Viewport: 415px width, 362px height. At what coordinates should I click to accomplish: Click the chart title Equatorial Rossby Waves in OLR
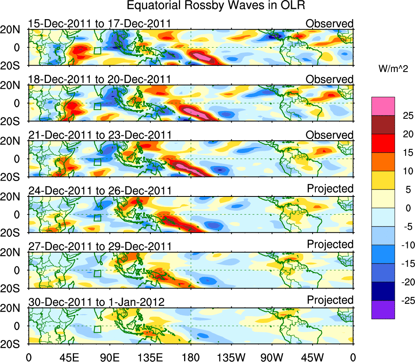click(x=216, y=6)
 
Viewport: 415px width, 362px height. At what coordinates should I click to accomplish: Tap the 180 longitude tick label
click(x=191, y=358)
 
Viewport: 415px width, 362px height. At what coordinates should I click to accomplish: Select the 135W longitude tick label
click(x=231, y=358)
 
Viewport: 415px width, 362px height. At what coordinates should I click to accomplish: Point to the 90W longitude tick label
click(x=272, y=358)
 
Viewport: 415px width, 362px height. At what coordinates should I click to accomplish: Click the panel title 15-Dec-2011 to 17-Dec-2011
click(x=99, y=24)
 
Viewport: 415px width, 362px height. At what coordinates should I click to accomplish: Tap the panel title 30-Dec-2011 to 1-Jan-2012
click(x=96, y=302)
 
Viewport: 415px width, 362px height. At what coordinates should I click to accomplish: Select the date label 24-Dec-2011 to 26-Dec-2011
click(x=99, y=190)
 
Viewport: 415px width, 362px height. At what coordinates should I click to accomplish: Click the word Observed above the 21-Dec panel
click(x=330, y=135)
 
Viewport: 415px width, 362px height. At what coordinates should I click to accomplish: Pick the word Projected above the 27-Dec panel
click(x=330, y=244)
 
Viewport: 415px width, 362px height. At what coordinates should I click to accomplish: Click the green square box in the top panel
click(x=97, y=51)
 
